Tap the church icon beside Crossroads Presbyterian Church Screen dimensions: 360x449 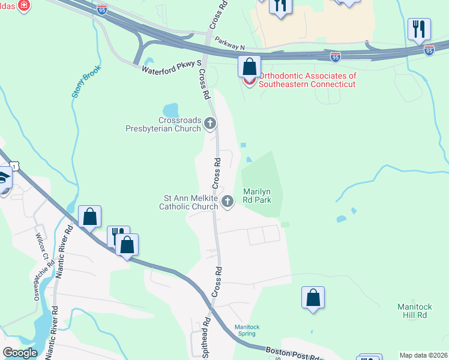(x=210, y=124)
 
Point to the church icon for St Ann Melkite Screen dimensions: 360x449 (x=228, y=202)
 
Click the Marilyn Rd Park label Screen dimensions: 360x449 (x=261, y=196)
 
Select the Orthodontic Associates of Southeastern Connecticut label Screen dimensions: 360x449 (x=307, y=80)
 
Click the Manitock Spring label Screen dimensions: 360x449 (x=247, y=330)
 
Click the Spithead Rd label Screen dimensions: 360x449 (x=206, y=341)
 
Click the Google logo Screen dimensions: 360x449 (x=20, y=353)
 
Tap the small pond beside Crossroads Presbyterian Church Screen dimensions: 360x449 (x=171, y=110)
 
